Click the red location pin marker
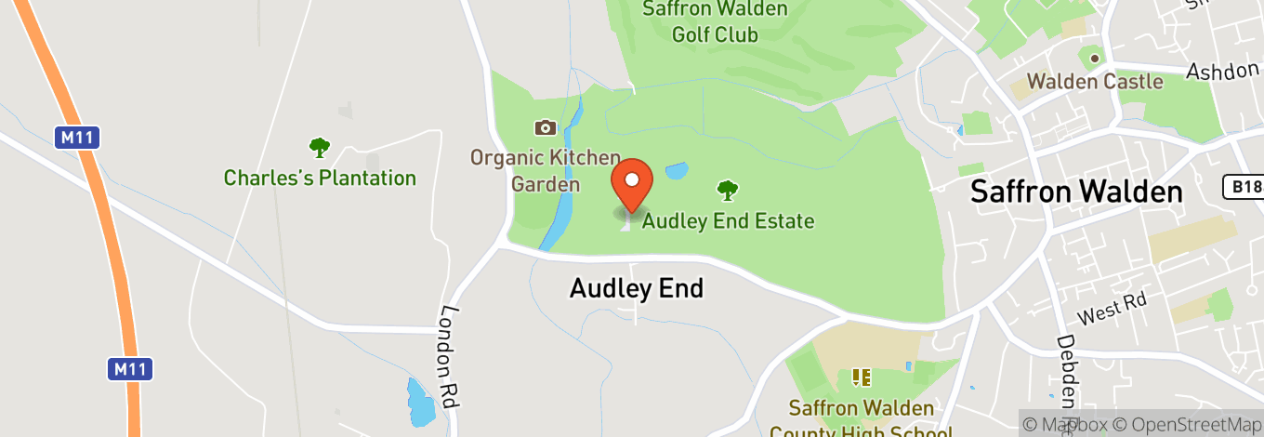tap(632, 182)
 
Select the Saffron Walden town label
tap(1076, 192)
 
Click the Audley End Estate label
tap(728, 221)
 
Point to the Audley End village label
tap(636, 288)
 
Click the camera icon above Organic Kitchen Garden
tap(545, 127)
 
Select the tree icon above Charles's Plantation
tap(320, 147)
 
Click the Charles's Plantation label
tap(320, 178)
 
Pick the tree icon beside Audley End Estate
tap(727, 191)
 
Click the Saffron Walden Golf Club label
tap(716, 22)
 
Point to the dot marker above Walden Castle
tap(1095, 58)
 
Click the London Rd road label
tap(453, 358)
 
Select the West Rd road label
tap(1113, 308)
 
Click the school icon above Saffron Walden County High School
tap(861, 377)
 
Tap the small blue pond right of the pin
tap(677, 171)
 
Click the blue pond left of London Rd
tap(421, 402)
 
